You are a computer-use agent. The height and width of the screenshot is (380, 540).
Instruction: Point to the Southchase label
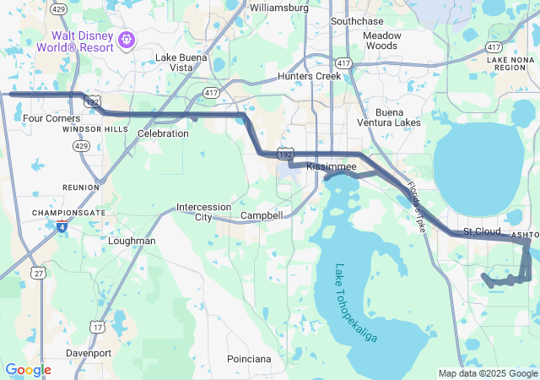click(357, 20)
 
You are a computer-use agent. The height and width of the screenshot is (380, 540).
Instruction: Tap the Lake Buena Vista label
click(180, 62)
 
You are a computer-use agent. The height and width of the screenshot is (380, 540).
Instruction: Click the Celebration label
click(163, 133)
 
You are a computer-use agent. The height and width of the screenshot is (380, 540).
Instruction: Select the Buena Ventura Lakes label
click(397, 117)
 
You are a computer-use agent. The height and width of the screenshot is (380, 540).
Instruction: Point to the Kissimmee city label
click(332, 168)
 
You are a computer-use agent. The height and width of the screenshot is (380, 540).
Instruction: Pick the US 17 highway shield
click(99, 326)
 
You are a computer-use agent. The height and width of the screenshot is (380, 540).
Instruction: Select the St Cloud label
click(482, 231)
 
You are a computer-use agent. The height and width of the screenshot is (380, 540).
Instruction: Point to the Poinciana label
click(249, 359)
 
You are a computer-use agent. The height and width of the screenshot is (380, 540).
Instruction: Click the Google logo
click(28, 370)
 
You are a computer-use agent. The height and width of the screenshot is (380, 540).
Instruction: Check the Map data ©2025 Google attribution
click(488, 373)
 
